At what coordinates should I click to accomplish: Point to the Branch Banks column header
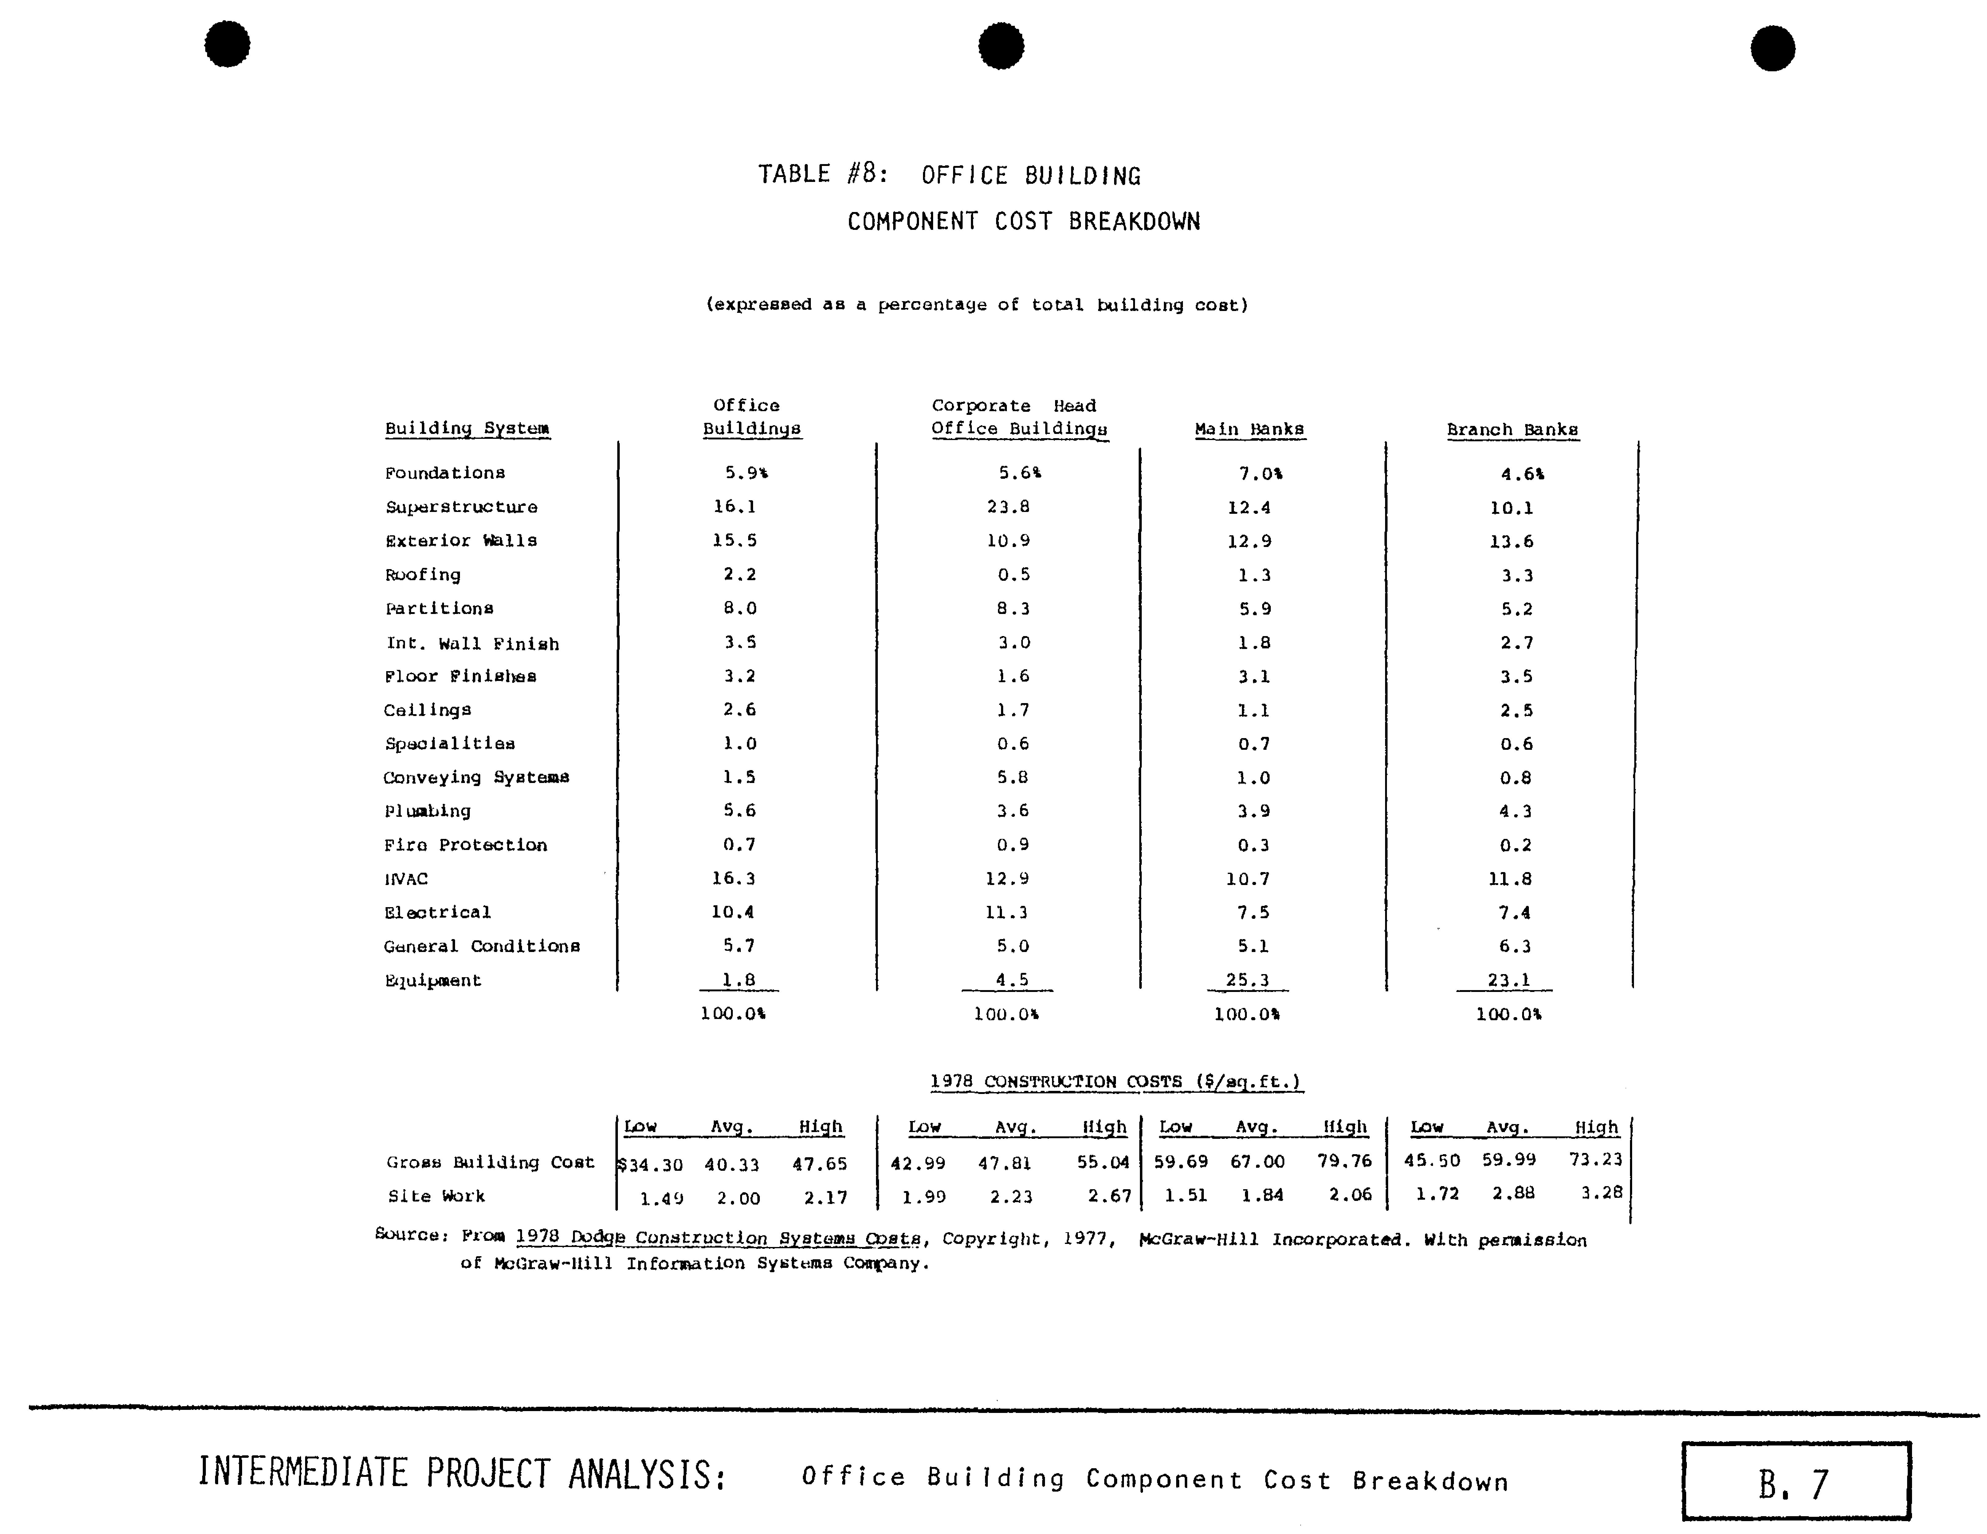(1512, 430)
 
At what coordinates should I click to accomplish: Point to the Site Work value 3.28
(1601, 1193)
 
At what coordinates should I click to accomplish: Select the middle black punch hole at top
(1001, 45)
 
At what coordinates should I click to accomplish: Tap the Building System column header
(467, 429)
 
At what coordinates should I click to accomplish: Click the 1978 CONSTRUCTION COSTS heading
(1115, 1082)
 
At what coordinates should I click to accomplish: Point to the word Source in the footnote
(409, 1235)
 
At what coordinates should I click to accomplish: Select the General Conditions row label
(481, 946)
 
